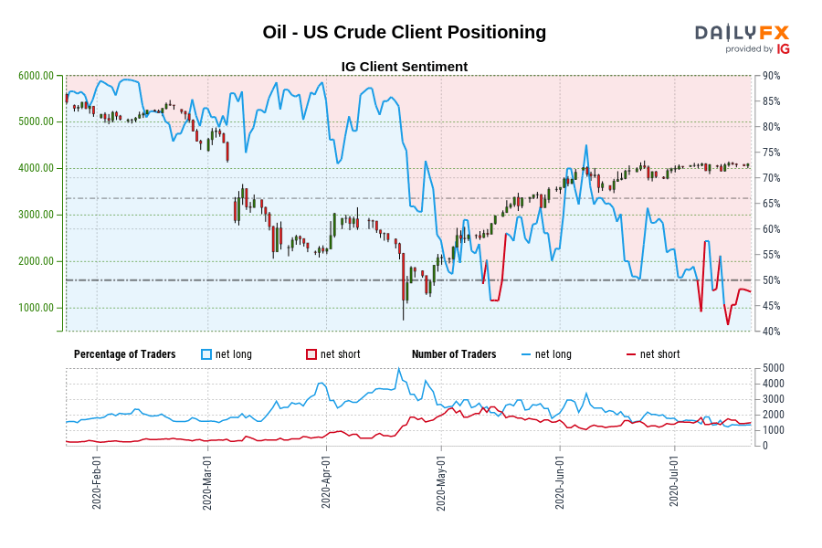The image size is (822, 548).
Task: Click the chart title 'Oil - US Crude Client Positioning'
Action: point(404,32)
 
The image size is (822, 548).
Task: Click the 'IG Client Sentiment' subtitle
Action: point(404,67)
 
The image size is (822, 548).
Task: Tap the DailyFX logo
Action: point(742,37)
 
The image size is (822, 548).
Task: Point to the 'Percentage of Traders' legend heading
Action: point(124,354)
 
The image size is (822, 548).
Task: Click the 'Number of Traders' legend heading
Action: point(454,354)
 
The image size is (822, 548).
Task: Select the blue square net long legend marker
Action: point(206,354)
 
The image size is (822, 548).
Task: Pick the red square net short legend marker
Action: point(311,354)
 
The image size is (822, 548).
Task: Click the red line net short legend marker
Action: point(631,354)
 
